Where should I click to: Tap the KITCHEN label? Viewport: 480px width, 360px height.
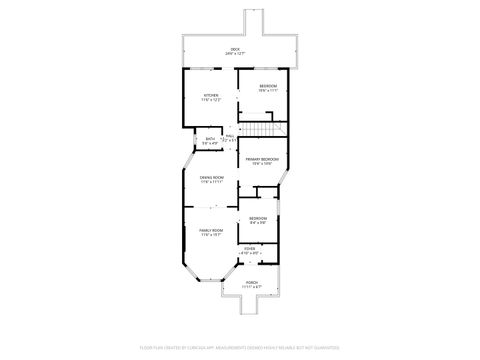pos(210,96)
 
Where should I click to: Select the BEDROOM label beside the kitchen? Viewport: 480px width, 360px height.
pos(268,86)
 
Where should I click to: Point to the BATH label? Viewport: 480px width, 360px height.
pos(210,138)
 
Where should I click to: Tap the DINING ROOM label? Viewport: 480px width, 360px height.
pos(211,178)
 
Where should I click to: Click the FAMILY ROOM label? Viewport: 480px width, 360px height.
pos(210,230)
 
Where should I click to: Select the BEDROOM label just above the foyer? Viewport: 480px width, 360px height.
pos(258,218)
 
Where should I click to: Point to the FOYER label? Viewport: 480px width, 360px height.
pos(249,248)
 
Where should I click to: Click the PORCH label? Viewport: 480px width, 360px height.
pos(248,281)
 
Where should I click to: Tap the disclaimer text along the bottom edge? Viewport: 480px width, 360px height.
pos(239,347)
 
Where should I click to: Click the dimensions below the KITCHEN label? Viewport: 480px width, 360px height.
pos(210,101)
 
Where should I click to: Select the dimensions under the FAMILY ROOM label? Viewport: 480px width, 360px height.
pos(210,235)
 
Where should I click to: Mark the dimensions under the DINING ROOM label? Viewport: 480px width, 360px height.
pos(211,183)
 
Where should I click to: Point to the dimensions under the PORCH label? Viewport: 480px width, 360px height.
pos(248,286)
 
